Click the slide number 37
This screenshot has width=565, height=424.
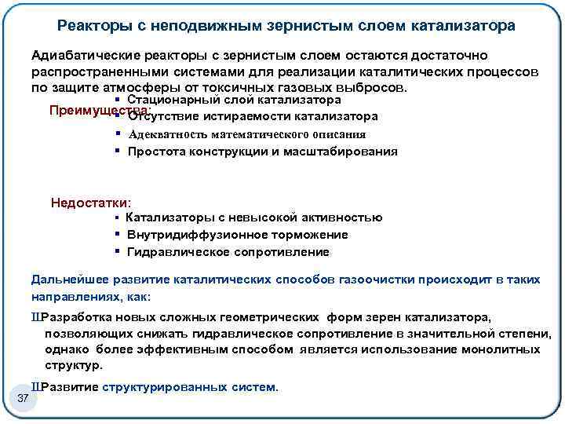(x=22, y=402)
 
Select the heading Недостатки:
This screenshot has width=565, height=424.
(x=91, y=203)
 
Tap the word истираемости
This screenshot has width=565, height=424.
(x=243, y=117)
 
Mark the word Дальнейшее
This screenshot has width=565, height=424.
(x=66, y=280)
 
